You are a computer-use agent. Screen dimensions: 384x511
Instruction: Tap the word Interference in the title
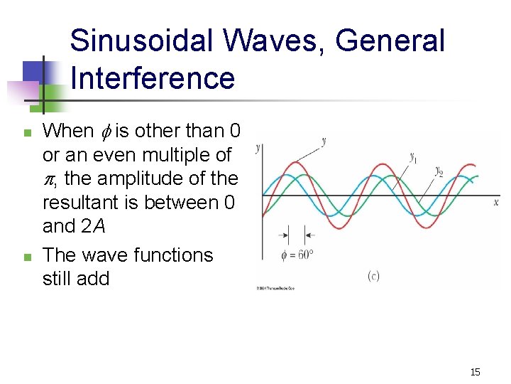click(x=153, y=78)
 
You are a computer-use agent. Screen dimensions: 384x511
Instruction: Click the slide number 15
click(x=476, y=372)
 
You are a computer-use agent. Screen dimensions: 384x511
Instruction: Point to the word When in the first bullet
click(x=68, y=131)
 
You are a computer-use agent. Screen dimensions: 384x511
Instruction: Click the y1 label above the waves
click(x=412, y=157)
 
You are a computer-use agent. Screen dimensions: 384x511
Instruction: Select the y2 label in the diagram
click(x=439, y=172)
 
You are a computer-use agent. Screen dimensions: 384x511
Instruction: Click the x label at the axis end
click(x=495, y=202)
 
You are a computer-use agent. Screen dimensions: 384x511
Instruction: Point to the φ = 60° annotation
click(x=297, y=255)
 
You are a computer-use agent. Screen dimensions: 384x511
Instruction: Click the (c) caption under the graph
click(x=373, y=276)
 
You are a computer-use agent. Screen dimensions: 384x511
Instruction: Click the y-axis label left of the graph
click(x=258, y=147)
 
